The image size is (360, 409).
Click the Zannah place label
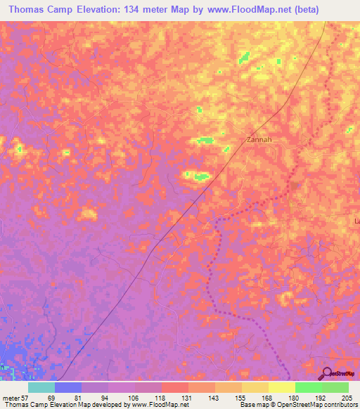[259, 139]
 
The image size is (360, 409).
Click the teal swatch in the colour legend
[41, 387]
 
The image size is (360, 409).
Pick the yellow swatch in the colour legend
[281, 387]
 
